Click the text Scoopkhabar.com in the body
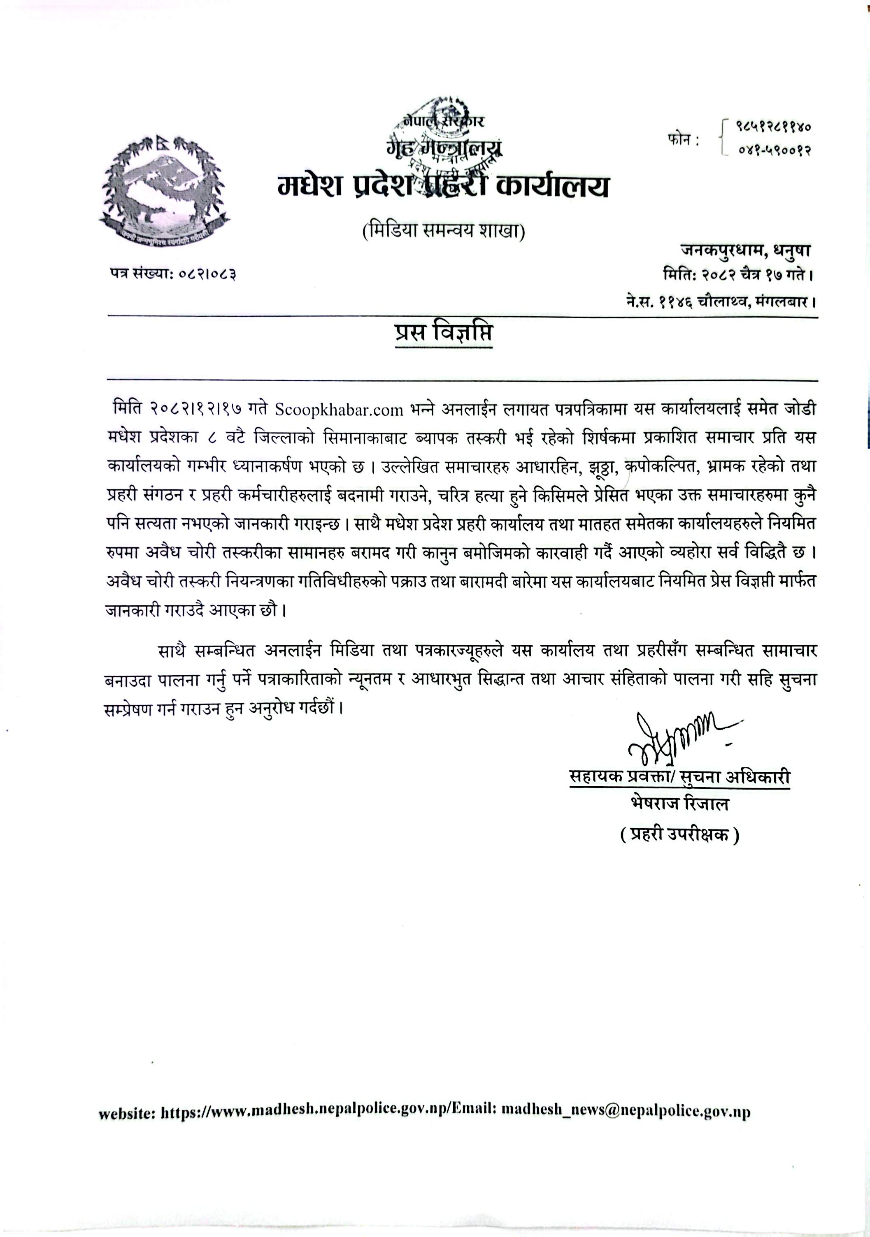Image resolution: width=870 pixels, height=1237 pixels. [x=339, y=410]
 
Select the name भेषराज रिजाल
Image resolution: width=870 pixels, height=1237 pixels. [x=679, y=804]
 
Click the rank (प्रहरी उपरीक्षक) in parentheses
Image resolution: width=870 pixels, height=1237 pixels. [x=679, y=835]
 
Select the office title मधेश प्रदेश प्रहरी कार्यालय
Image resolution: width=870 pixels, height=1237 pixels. [x=444, y=187]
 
